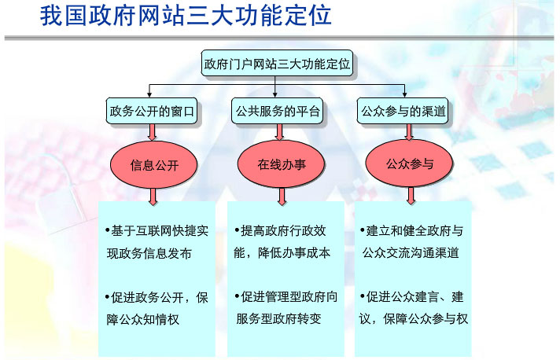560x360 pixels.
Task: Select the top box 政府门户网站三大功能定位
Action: [x=278, y=63]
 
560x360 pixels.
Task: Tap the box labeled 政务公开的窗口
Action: [x=151, y=112]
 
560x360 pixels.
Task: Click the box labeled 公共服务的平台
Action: [x=278, y=112]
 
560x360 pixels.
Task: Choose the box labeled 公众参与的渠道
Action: [x=403, y=112]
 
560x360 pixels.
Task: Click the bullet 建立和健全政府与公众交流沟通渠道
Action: [x=414, y=242]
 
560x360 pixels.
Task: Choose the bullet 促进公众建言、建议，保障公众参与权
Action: [x=414, y=308]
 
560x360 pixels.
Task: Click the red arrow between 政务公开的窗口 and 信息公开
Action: [x=152, y=133]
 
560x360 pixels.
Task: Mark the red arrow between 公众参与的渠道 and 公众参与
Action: [x=408, y=133]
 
